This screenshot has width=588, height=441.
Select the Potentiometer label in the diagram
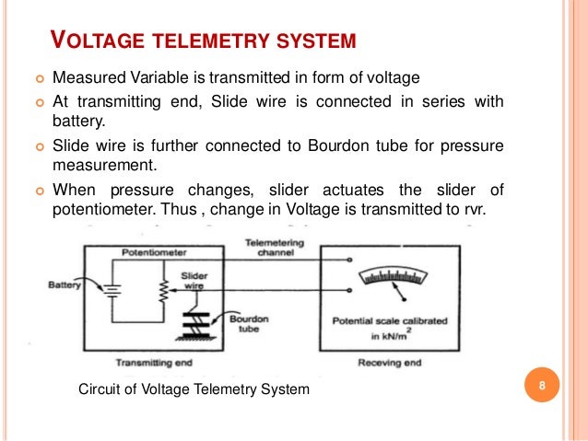(x=151, y=250)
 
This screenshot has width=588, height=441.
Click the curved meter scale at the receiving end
(x=394, y=275)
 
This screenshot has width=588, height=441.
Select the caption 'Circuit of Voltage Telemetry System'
(x=194, y=390)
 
